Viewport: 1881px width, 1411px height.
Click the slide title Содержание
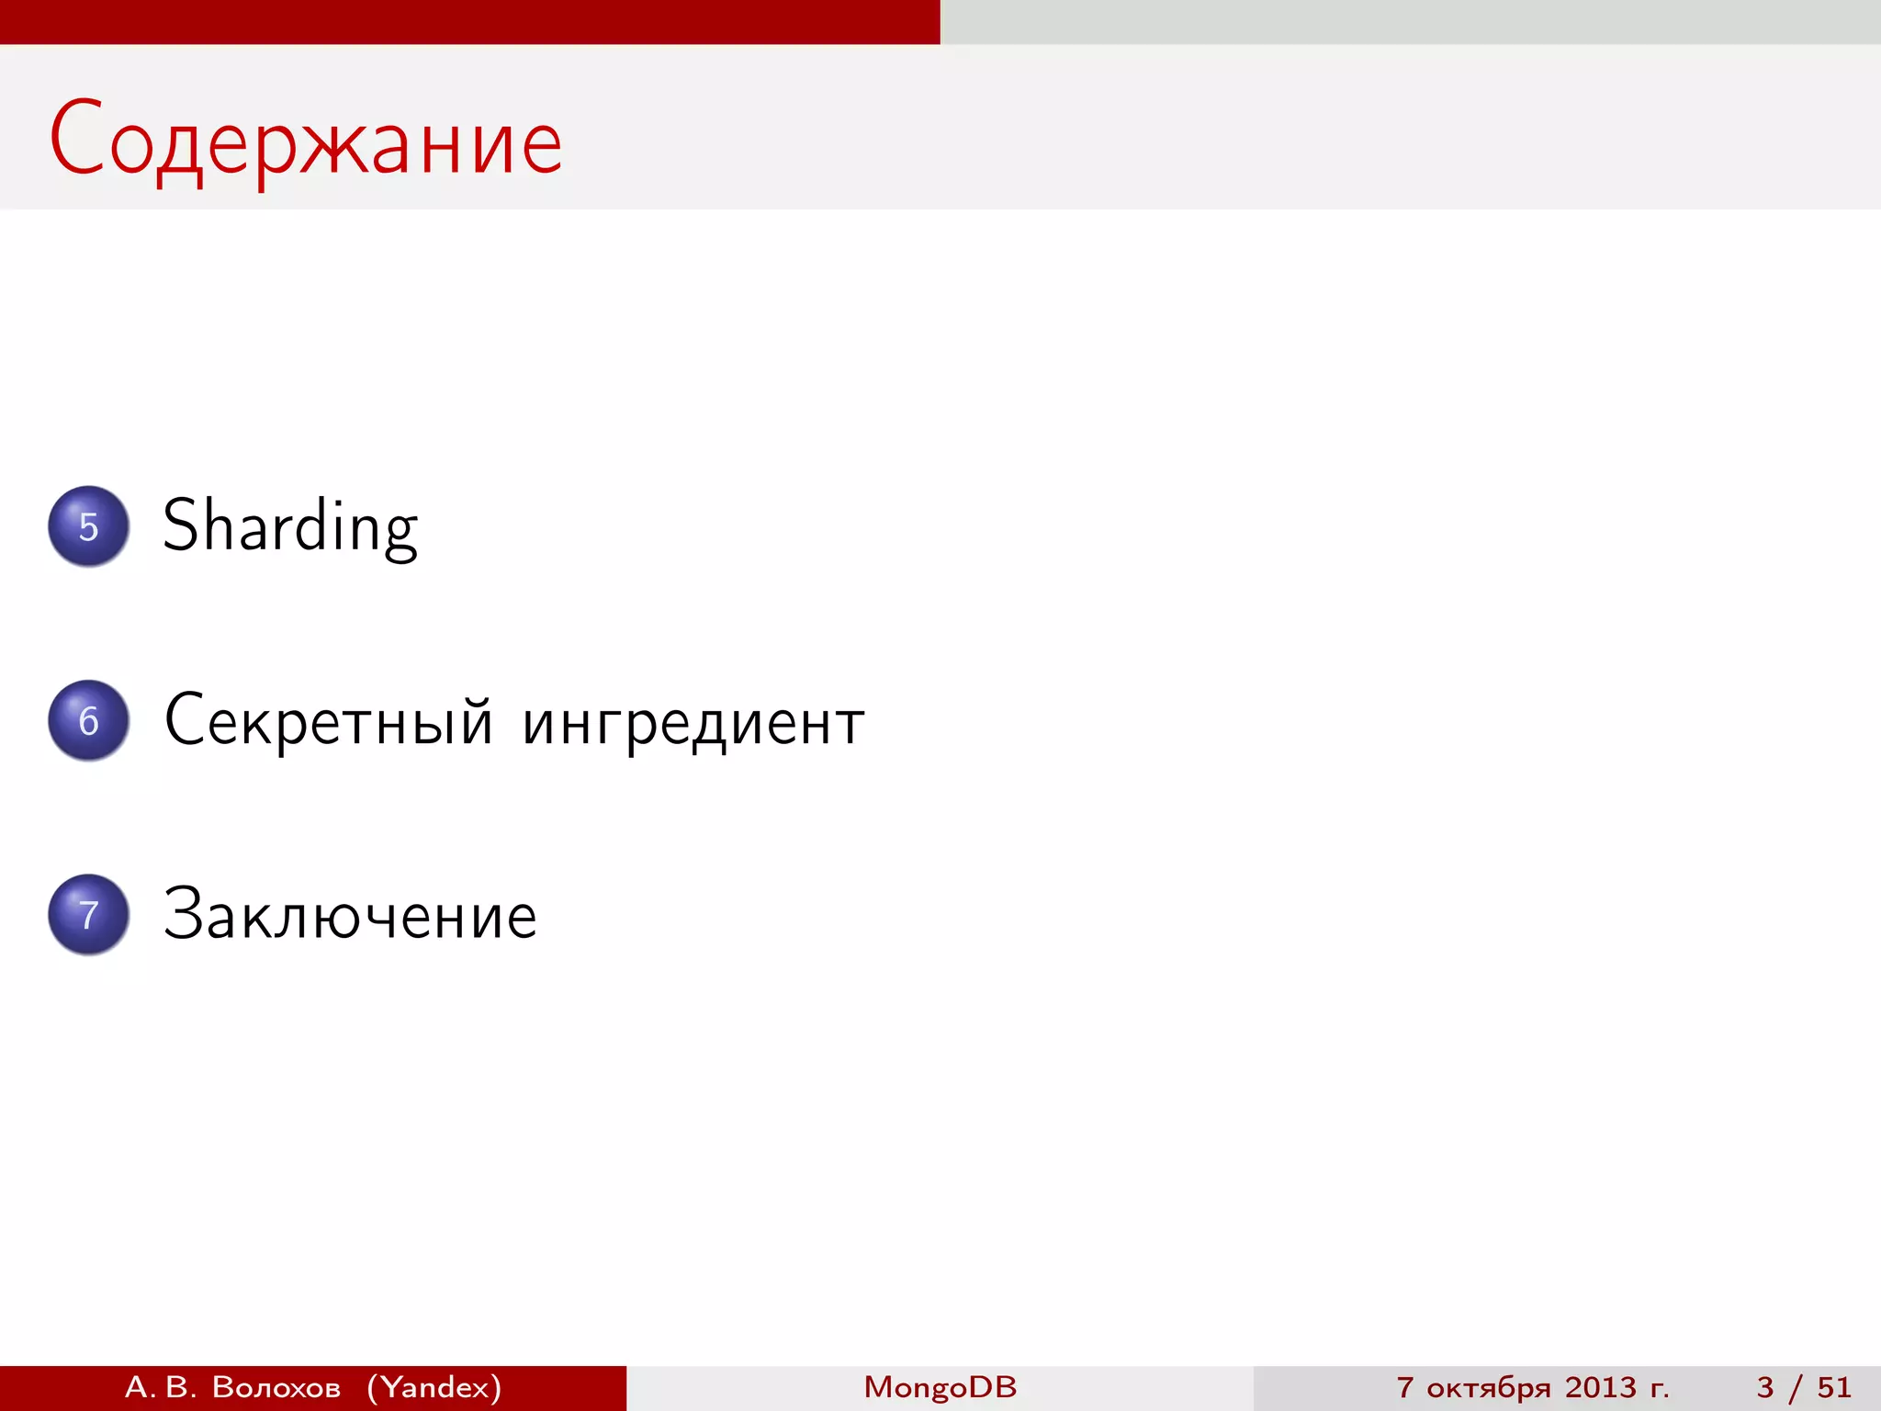pos(305,140)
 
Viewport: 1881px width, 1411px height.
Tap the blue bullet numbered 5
pos(88,526)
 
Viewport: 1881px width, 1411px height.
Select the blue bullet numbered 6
pos(88,721)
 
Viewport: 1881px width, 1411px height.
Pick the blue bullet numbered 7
pos(88,915)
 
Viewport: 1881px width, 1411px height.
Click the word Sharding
pos(290,526)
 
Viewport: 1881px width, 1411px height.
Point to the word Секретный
pos(329,721)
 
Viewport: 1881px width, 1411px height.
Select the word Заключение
pos(350,915)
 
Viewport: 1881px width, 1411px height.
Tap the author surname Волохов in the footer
pos(276,1387)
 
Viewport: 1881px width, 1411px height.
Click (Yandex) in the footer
pos(434,1387)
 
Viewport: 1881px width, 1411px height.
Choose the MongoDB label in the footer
pos(940,1387)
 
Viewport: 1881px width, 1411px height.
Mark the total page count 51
pos(1834,1387)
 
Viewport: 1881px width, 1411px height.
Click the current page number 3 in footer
pos(1765,1387)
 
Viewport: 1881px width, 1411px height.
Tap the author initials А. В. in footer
pos(161,1387)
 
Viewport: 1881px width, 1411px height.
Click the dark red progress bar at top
pos(470,21)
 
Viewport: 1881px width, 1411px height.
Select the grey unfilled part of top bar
pos(1411,21)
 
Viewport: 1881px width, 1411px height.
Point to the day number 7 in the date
pos(1405,1387)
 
